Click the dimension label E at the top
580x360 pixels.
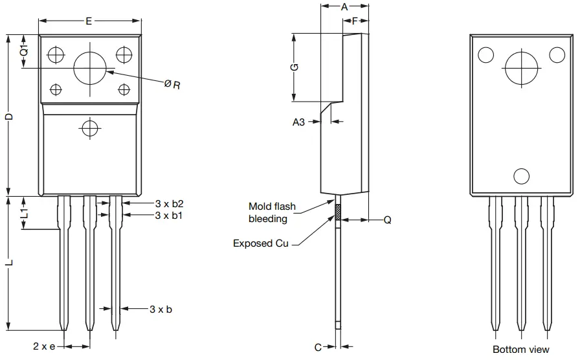click(89, 21)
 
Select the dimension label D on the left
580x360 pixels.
click(9, 116)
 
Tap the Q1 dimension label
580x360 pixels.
click(23, 51)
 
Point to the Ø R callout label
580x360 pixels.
click(172, 84)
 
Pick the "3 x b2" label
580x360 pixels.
click(168, 203)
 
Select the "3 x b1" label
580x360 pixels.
click(168, 215)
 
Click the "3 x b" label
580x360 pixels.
click(161, 309)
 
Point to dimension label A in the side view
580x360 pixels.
click(344, 7)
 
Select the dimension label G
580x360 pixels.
click(294, 67)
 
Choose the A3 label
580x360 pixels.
click(298, 122)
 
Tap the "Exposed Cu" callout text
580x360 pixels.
click(260, 243)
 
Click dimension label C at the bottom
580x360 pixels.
click(318, 348)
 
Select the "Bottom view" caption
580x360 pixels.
click(520, 349)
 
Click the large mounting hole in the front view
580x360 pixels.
click(90, 68)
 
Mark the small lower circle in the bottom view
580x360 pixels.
click(521, 175)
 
